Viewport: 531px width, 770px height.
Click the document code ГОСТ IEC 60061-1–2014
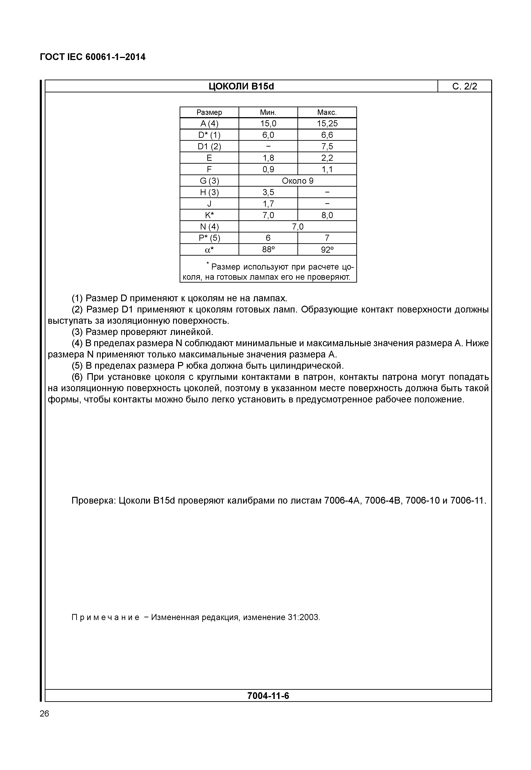pyautogui.click(x=92, y=57)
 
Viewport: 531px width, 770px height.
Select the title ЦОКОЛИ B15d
pyautogui.click(x=241, y=87)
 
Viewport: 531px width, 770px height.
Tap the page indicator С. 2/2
pyautogui.click(x=464, y=87)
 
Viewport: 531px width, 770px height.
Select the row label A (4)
pyautogui.click(x=209, y=124)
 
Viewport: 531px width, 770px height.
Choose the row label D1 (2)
pyautogui.click(x=209, y=146)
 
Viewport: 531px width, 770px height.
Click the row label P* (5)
pyautogui.click(x=209, y=238)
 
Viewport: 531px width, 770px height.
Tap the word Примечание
pyautogui.click(x=105, y=618)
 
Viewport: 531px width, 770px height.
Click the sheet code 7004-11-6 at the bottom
pyautogui.click(x=268, y=696)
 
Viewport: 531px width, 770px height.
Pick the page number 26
pyautogui.click(x=44, y=714)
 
